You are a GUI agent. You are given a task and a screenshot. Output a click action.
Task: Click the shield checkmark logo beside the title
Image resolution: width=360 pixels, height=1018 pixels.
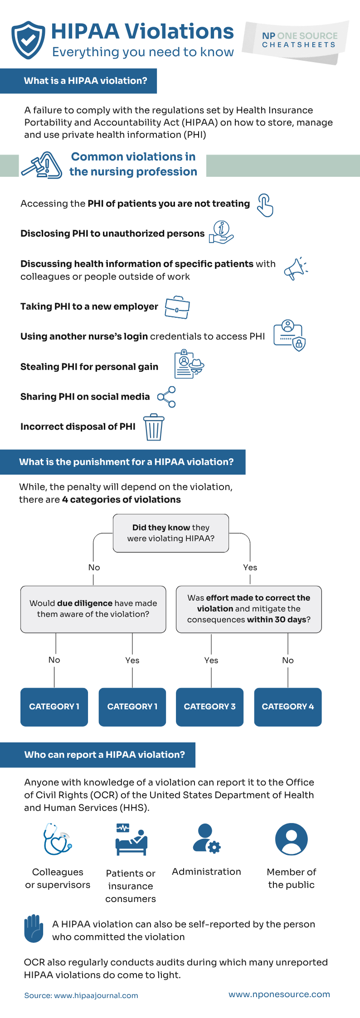point(28,40)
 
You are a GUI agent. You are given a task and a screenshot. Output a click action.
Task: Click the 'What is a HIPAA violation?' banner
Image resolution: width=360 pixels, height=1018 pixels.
point(85,81)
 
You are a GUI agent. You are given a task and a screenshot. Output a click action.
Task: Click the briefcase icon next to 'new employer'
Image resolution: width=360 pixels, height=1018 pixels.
point(177,307)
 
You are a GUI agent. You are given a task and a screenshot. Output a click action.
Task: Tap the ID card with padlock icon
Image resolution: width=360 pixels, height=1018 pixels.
point(290,336)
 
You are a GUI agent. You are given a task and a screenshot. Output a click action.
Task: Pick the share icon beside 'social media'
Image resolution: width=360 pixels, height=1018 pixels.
point(166,397)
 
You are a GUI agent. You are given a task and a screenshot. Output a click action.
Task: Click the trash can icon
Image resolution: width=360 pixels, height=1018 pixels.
point(154,427)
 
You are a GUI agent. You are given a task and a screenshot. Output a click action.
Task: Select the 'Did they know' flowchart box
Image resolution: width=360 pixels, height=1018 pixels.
point(170,533)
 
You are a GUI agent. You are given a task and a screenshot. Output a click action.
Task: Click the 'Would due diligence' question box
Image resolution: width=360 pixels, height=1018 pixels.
point(93,609)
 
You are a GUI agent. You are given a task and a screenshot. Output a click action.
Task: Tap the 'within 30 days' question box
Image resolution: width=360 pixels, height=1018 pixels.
point(248,609)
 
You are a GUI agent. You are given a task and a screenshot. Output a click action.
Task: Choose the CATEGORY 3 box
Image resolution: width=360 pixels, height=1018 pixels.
point(209,706)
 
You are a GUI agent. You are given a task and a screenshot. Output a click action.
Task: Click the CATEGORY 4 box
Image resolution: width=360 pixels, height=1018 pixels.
point(287,706)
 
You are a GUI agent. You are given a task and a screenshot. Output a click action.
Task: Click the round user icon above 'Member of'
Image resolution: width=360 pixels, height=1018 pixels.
point(291,839)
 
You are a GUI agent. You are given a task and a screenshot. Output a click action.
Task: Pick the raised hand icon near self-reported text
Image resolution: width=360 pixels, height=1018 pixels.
point(34,928)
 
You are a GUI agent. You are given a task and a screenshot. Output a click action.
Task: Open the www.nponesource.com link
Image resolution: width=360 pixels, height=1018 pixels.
point(279,994)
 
